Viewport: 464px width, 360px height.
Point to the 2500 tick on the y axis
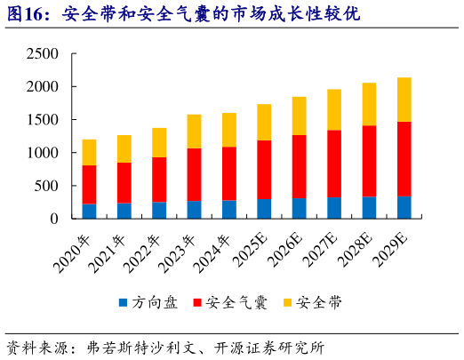pyautogui.click(x=43, y=54)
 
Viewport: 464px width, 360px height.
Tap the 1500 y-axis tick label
pyautogui.click(x=43, y=120)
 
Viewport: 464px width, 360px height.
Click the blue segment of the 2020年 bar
pyautogui.click(x=90, y=211)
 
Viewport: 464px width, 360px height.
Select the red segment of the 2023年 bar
pyautogui.click(x=194, y=174)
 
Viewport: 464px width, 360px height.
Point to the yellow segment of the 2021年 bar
pyautogui.click(x=124, y=148)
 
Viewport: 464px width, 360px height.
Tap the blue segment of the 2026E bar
pyautogui.click(x=299, y=208)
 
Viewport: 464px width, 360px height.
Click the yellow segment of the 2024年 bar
pyautogui.click(x=229, y=130)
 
